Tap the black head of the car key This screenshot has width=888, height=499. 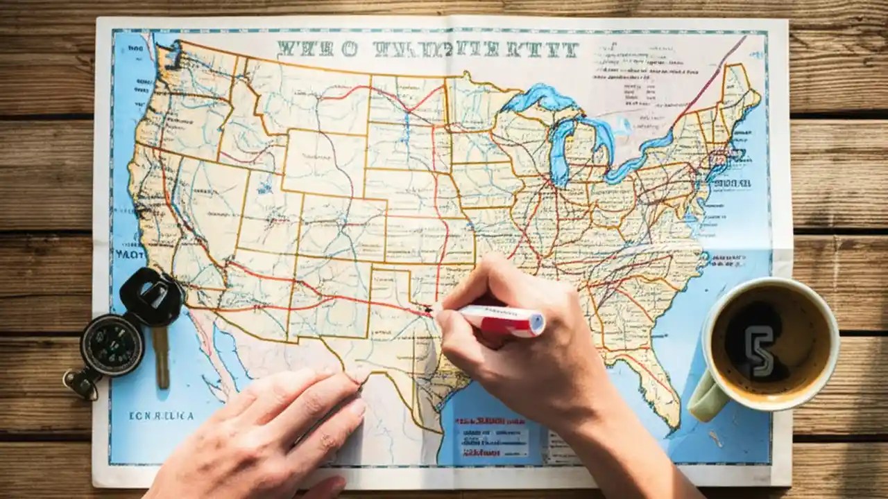[151, 297]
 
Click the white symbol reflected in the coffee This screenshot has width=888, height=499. [760, 350]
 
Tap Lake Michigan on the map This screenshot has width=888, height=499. [559, 149]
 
